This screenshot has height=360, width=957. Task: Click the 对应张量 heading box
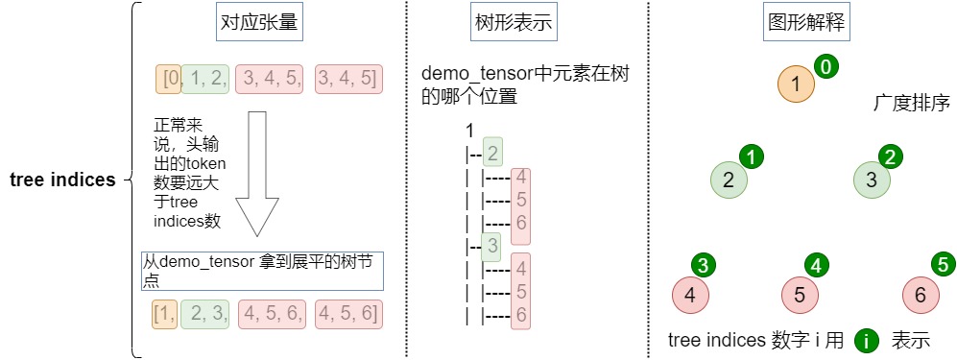(x=260, y=23)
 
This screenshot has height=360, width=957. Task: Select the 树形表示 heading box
(x=514, y=23)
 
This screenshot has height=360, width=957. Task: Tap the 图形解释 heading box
(x=807, y=23)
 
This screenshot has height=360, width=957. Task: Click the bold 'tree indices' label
(x=62, y=180)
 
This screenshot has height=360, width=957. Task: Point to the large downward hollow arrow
(x=257, y=174)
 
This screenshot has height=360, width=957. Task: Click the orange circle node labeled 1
(x=797, y=84)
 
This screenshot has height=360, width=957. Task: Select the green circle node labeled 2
(x=729, y=180)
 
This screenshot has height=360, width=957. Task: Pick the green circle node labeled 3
(x=872, y=180)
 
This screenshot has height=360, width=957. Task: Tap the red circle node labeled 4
(x=690, y=296)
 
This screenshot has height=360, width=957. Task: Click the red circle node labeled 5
(x=801, y=296)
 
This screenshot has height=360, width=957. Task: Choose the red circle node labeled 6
(x=921, y=296)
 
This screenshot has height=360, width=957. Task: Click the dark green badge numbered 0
(x=825, y=67)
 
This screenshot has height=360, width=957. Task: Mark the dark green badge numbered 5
(x=943, y=264)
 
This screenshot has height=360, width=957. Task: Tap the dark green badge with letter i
(x=866, y=341)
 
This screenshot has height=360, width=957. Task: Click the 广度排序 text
(x=913, y=103)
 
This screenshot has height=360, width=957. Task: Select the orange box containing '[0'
(x=168, y=80)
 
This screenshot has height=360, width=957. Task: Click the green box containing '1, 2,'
(x=205, y=80)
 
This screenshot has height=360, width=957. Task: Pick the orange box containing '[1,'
(x=165, y=315)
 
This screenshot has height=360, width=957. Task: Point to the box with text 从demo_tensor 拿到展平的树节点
(x=262, y=271)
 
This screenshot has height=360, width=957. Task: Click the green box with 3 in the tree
(x=491, y=247)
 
